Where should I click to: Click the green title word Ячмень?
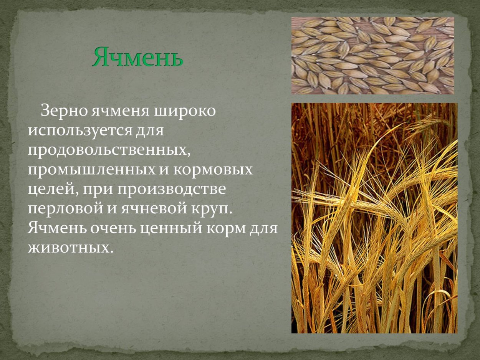tap(137, 58)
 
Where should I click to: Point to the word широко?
tap(185, 112)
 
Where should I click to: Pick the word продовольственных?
tap(109, 150)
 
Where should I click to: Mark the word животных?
tap(70, 248)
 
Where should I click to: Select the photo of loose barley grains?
tap(372, 56)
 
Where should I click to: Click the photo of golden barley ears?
tap(374, 218)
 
